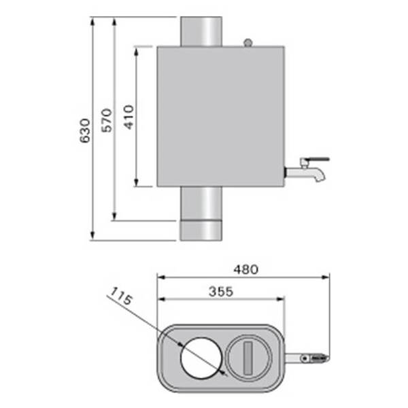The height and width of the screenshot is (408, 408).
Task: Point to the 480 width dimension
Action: pyautogui.click(x=245, y=269)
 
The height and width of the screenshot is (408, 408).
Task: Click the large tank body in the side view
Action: pyautogui.click(x=220, y=116)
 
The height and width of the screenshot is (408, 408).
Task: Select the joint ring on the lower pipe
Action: pyautogui.click(x=201, y=221)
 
